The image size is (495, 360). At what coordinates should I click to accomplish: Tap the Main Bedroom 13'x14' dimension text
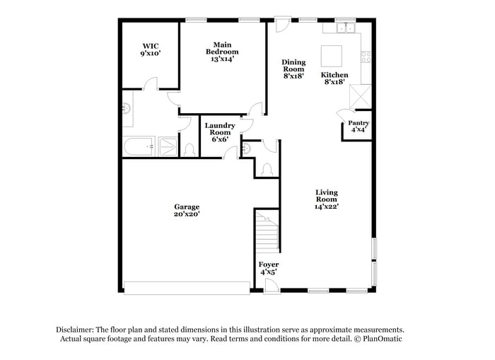pos(222,59)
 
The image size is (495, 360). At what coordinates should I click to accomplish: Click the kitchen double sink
pos(345,28)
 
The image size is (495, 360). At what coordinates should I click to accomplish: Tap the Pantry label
pos(359,123)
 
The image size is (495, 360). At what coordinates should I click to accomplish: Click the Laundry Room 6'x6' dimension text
pos(220,139)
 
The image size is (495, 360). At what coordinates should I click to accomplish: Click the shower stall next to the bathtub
pos(168,147)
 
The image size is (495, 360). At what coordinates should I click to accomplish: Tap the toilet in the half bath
pos(267,169)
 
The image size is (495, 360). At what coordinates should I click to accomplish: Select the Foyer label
pos(268,265)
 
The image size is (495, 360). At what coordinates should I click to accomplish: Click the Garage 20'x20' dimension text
pos(187,214)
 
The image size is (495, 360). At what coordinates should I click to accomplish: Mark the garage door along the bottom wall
pos(187,288)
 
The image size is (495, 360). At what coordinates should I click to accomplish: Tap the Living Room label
pos(326,192)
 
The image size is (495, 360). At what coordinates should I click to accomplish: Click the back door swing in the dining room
pos(281,24)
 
